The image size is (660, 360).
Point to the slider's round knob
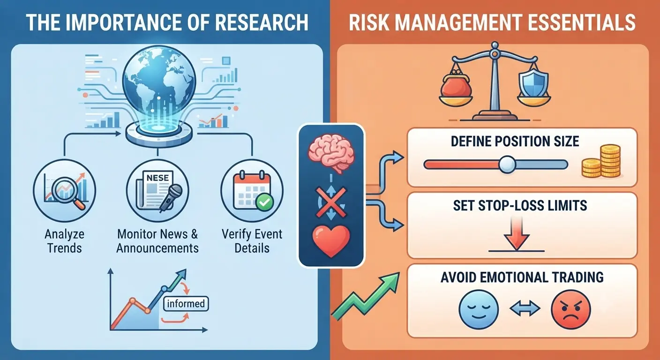pyautogui.click(x=507, y=164)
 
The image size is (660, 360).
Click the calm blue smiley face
pyautogui.click(x=479, y=309)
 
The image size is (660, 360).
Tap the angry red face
pyautogui.click(x=571, y=309)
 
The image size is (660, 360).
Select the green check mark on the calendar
pyautogui.click(x=264, y=202)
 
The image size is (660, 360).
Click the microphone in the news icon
pyautogui.click(x=171, y=198)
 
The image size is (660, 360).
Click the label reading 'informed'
pyautogui.click(x=186, y=304)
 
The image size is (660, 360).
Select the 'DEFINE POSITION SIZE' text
pyautogui.click(x=515, y=142)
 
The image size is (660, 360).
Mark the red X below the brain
pyautogui.click(x=331, y=202)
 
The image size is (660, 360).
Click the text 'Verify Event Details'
pyautogui.click(x=252, y=241)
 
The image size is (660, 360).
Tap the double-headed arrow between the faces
pyautogui.click(x=525, y=309)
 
